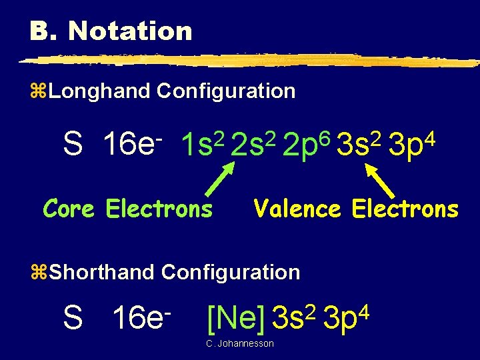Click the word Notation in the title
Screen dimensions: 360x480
pyautogui.click(x=130, y=31)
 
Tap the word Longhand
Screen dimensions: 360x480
pyautogui.click(x=99, y=91)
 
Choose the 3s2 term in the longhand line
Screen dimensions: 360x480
pyautogui.click(x=357, y=143)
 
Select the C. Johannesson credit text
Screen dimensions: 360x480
pyautogui.click(x=239, y=343)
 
